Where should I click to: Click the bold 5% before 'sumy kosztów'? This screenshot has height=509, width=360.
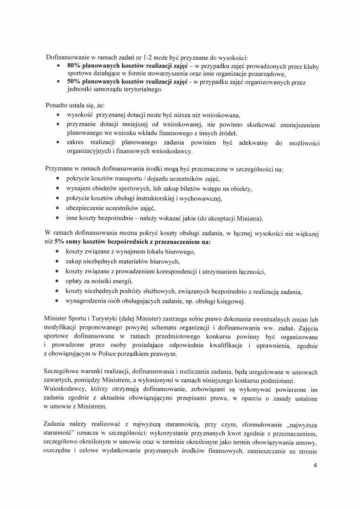58,241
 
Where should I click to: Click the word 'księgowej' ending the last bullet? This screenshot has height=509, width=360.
231,301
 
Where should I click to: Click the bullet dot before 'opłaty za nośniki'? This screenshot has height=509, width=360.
57,281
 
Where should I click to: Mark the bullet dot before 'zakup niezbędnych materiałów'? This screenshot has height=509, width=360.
57,261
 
